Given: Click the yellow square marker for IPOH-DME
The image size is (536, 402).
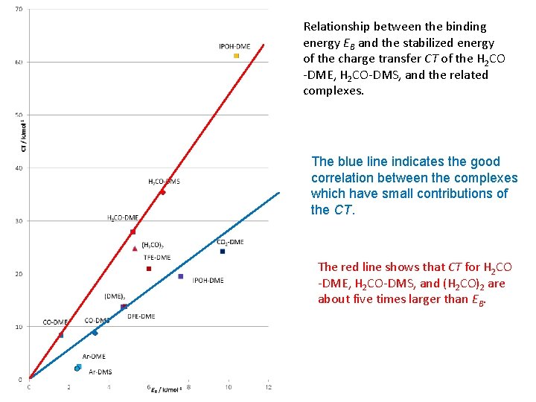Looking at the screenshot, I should tap(236, 56).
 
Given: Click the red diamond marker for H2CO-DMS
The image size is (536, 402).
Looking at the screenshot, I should tap(162, 192).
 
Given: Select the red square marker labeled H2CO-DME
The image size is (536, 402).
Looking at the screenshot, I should tap(133, 232).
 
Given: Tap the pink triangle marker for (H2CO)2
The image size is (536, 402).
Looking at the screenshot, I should tap(135, 249).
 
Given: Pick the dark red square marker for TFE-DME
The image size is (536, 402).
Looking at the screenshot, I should tap(149, 269).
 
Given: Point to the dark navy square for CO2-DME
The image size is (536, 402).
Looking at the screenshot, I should tap(223, 251).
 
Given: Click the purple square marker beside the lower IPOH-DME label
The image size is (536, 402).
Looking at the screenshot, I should tap(181, 276).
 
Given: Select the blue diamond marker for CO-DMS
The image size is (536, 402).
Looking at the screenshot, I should tap(95, 333).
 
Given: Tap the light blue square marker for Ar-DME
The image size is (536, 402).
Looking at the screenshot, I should tap(80, 366).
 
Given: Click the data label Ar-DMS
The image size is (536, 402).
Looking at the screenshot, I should tap(100, 371).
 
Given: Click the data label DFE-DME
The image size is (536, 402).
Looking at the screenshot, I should tap(141, 316).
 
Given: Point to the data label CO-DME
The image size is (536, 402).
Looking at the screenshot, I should tap(54, 322).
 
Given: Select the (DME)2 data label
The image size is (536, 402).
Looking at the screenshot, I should tap(114, 296).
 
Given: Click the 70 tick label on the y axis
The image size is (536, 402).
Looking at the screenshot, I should tap(18, 9).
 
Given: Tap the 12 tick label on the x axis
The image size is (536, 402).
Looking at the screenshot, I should tap(268, 386).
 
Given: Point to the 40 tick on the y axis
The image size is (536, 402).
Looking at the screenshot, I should tap(18, 168).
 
